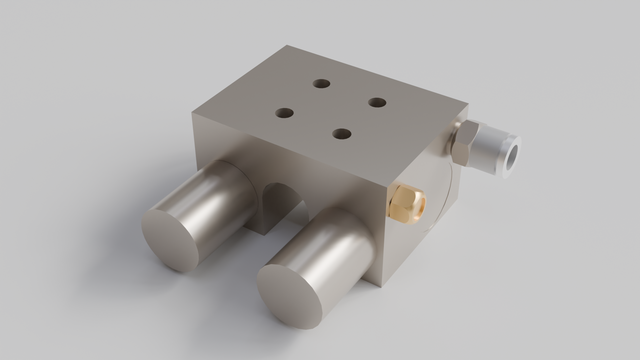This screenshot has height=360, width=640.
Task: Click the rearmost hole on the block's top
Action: tap(321, 84)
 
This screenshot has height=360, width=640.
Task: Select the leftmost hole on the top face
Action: tap(284, 114)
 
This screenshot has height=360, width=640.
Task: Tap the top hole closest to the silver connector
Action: tap(377, 101)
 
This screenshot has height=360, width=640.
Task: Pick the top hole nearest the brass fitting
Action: tap(343, 133)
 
